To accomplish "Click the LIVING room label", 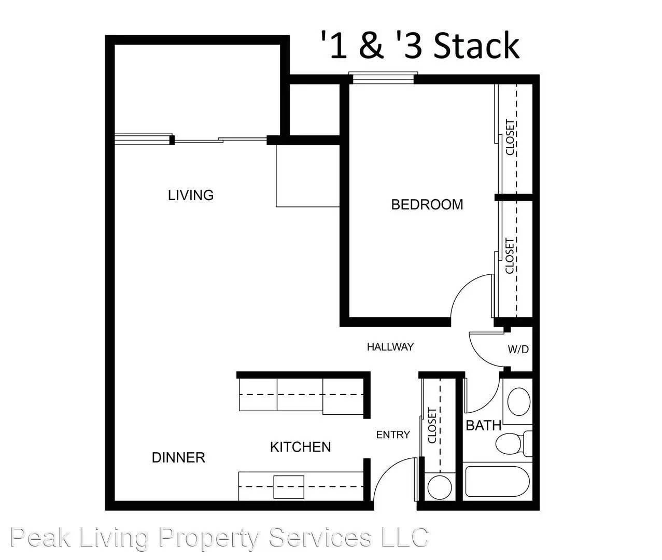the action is pos(191,195).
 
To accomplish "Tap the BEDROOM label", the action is pos(427,204).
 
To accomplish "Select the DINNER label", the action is pos(178,457).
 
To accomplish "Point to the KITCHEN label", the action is pos(300,447).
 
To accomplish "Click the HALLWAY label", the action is pos(390,347).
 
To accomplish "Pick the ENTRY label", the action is pos(392,435).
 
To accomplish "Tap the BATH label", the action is pos(483,426).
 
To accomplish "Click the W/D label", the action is pos(518,349).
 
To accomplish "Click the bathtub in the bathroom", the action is pos(499,482).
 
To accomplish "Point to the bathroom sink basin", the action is pos(519,402).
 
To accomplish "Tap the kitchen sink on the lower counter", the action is pos(289,487).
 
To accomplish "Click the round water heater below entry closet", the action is pos(440,487).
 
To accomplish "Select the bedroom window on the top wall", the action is pos(383,78).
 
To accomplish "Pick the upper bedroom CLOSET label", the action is pos(510,137).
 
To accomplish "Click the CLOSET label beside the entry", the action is pos(432,426).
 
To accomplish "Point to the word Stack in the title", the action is pos(476,46).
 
